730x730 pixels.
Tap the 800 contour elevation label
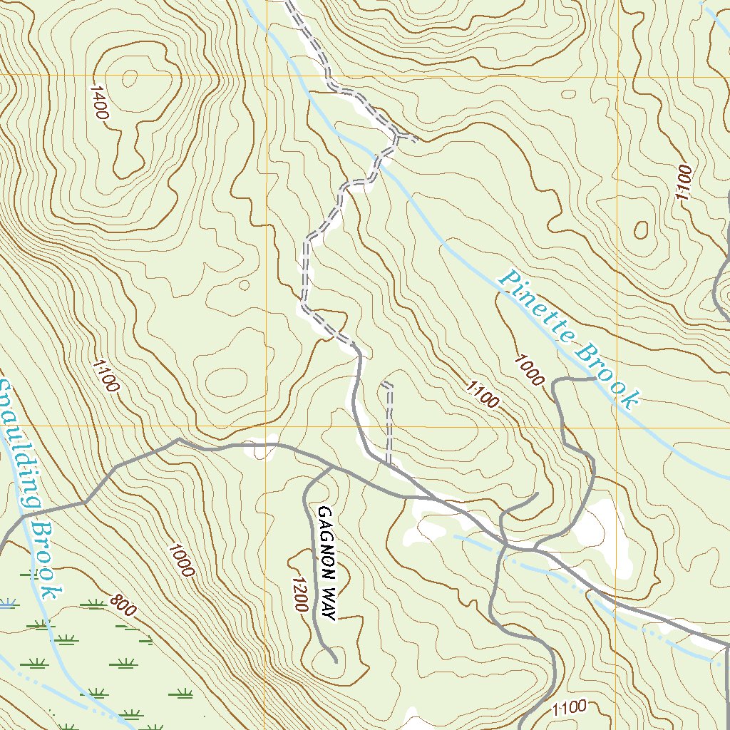[x=123, y=605]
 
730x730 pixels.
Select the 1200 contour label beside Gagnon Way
[x=299, y=592]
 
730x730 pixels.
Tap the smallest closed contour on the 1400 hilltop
[x=130, y=77]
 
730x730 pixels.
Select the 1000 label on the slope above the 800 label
[x=181, y=560]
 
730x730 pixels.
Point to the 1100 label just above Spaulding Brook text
[x=105, y=376]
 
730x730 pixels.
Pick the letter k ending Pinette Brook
[x=629, y=400]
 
